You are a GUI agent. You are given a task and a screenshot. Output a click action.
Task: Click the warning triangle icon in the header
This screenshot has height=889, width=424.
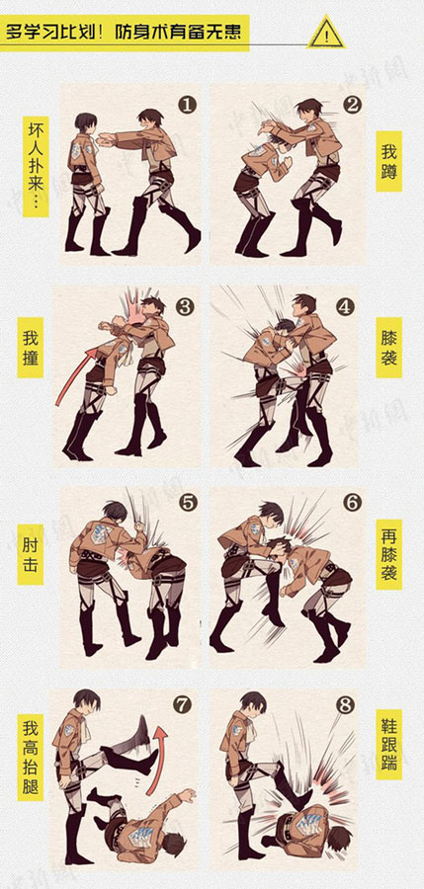[x=325, y=36]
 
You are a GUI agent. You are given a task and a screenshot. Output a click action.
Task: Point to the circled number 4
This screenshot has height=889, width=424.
[x=344, y=306]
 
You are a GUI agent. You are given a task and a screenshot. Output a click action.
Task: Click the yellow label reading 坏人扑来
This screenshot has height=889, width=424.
[x=37, y=165]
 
